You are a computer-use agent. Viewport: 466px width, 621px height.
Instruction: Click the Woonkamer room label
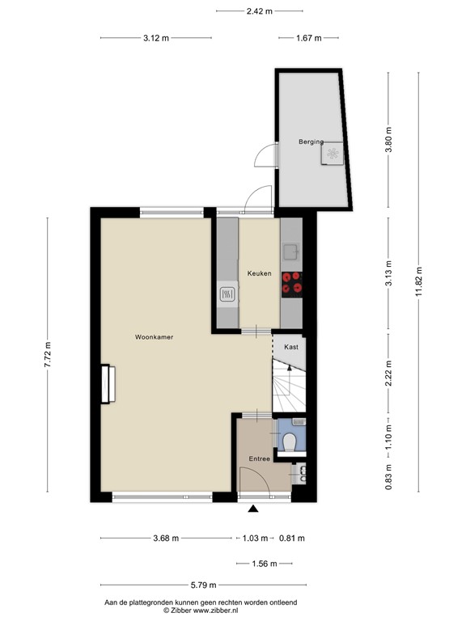pos(154,336)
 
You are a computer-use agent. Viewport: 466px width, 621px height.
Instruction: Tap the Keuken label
pos(259,273)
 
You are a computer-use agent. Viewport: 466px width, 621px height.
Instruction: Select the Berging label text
pos(311,142)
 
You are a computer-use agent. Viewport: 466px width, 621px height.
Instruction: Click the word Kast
pos(291,346)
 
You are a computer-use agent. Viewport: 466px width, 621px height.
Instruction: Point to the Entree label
pos(259,458)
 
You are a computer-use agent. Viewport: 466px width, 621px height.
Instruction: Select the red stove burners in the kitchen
pos(292,281)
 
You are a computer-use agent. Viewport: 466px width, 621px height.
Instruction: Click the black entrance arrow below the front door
pos(253,509)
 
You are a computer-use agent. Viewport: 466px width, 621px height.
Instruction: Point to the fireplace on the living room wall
pos(107,384)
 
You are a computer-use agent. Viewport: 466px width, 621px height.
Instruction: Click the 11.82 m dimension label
pos(419,282)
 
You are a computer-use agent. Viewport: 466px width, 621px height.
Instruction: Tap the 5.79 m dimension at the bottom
pos(201,585)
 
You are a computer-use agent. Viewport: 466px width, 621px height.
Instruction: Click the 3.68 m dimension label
pos(165,538)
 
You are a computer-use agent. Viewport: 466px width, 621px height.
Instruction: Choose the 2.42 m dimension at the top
pos(259,11)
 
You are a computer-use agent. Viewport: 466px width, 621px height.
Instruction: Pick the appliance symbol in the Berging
pos(332,153)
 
